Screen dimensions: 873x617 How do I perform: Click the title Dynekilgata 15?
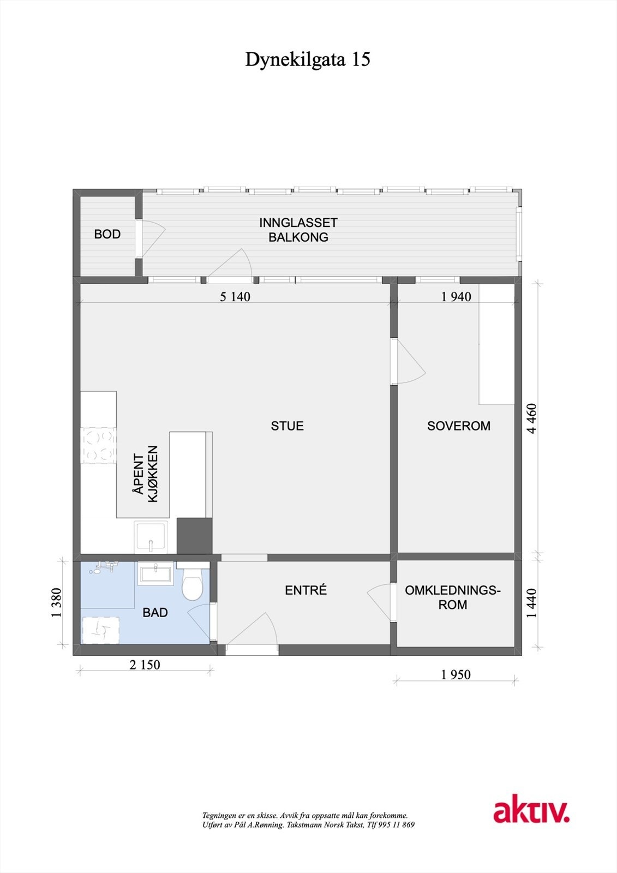[x=308, y=59]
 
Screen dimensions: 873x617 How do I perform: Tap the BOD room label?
[x=107, y=234]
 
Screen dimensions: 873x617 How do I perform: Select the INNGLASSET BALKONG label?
[x=298, y=230]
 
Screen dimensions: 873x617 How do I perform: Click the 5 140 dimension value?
[x=235, y=297]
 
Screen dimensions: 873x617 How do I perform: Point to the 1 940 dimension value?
[x=456, y=297]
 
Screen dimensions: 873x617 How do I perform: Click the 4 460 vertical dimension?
[x=532, y=418]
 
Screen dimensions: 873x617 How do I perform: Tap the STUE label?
[x=287, y=426]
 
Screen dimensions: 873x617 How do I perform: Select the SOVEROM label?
[x=458, y=426]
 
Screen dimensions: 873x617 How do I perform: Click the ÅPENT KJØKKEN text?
[x=146, y=474]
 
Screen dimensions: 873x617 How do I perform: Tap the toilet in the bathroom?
[x=192, y=585]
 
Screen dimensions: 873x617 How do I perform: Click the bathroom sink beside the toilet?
[x=155, y=574]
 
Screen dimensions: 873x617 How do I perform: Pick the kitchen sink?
[x=151, y=537]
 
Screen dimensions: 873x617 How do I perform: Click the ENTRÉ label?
[x=305, y=590]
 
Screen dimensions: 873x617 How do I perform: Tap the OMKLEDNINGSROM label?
[x=453, y=597]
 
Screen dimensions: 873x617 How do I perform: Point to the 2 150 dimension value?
[x=145, y=665]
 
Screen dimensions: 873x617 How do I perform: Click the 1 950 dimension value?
[x=456, y=675]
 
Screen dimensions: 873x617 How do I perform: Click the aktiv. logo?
[x=531, y=811]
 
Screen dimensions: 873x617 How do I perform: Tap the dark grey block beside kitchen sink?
[x=194, y=535]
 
